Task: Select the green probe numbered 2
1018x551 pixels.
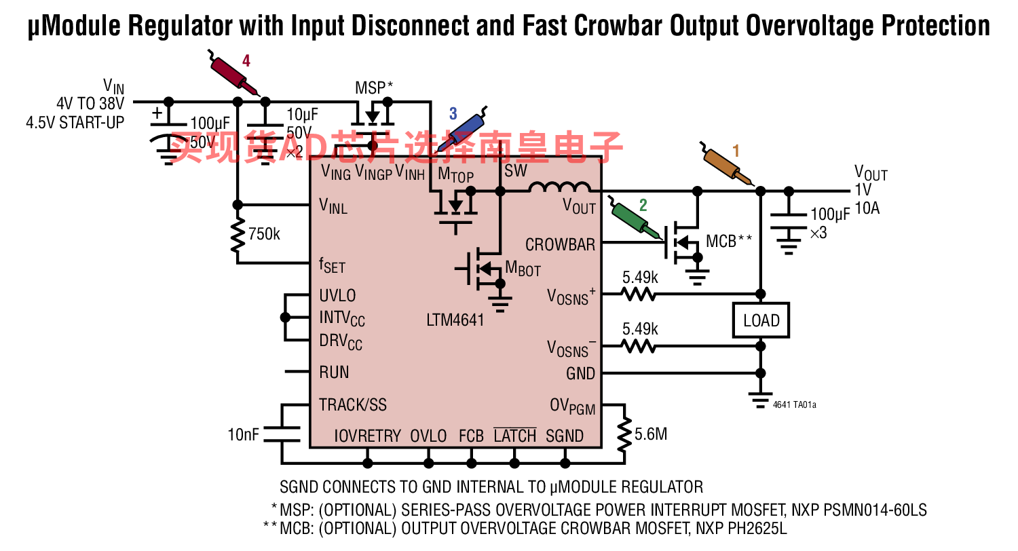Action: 633,217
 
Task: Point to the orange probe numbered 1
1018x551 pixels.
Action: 726,164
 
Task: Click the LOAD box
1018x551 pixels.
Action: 761,320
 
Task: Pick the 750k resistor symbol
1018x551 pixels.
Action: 238,235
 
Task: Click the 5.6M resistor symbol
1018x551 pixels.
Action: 624,434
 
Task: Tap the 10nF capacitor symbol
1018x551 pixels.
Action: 282,434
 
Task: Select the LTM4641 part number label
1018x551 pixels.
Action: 455,320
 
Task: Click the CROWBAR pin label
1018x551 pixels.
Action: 560,245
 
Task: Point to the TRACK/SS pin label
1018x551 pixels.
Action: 353,404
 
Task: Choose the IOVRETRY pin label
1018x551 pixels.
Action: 367,436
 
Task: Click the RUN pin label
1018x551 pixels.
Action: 334,373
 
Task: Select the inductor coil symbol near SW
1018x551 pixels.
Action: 560,187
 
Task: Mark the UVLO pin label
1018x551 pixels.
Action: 337,296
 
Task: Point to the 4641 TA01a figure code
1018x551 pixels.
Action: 795,404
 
